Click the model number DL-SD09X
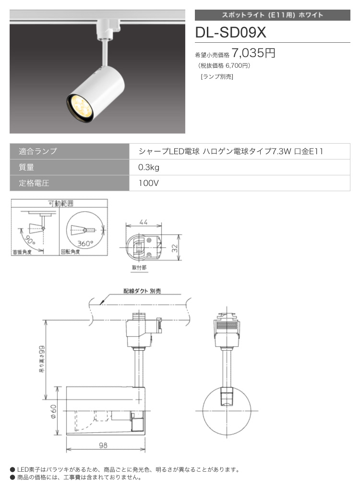230,32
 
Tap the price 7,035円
253,53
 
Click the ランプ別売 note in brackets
217,76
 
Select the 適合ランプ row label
38,151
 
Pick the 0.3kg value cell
149,168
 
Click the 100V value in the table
149,183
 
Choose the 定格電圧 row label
34,183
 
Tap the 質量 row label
26,167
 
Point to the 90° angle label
30,241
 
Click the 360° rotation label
85,243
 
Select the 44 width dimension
144,222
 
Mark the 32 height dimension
175,248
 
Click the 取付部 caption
139,268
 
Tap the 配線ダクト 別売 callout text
142,291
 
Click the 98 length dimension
103,445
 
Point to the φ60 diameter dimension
53,412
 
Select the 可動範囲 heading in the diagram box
61,203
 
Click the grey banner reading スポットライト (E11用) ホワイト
272,15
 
